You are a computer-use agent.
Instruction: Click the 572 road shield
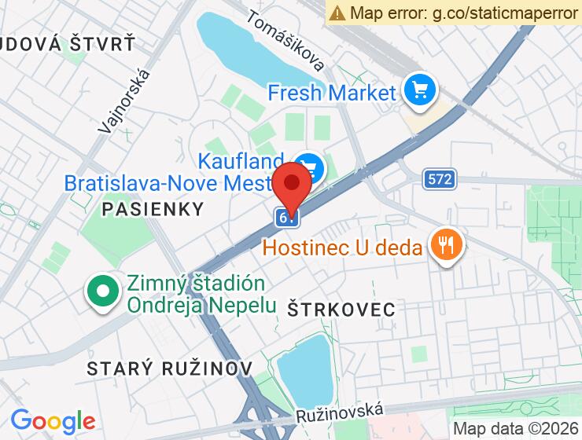(440, 179)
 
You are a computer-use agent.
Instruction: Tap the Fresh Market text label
(331, 93)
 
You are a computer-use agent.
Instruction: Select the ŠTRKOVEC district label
(341, 309)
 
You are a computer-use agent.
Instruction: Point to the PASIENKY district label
(153, 209)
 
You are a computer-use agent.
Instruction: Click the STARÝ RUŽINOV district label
(169, 368)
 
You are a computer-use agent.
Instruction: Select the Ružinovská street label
(341, 412)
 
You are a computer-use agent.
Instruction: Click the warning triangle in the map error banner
(337, 13)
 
